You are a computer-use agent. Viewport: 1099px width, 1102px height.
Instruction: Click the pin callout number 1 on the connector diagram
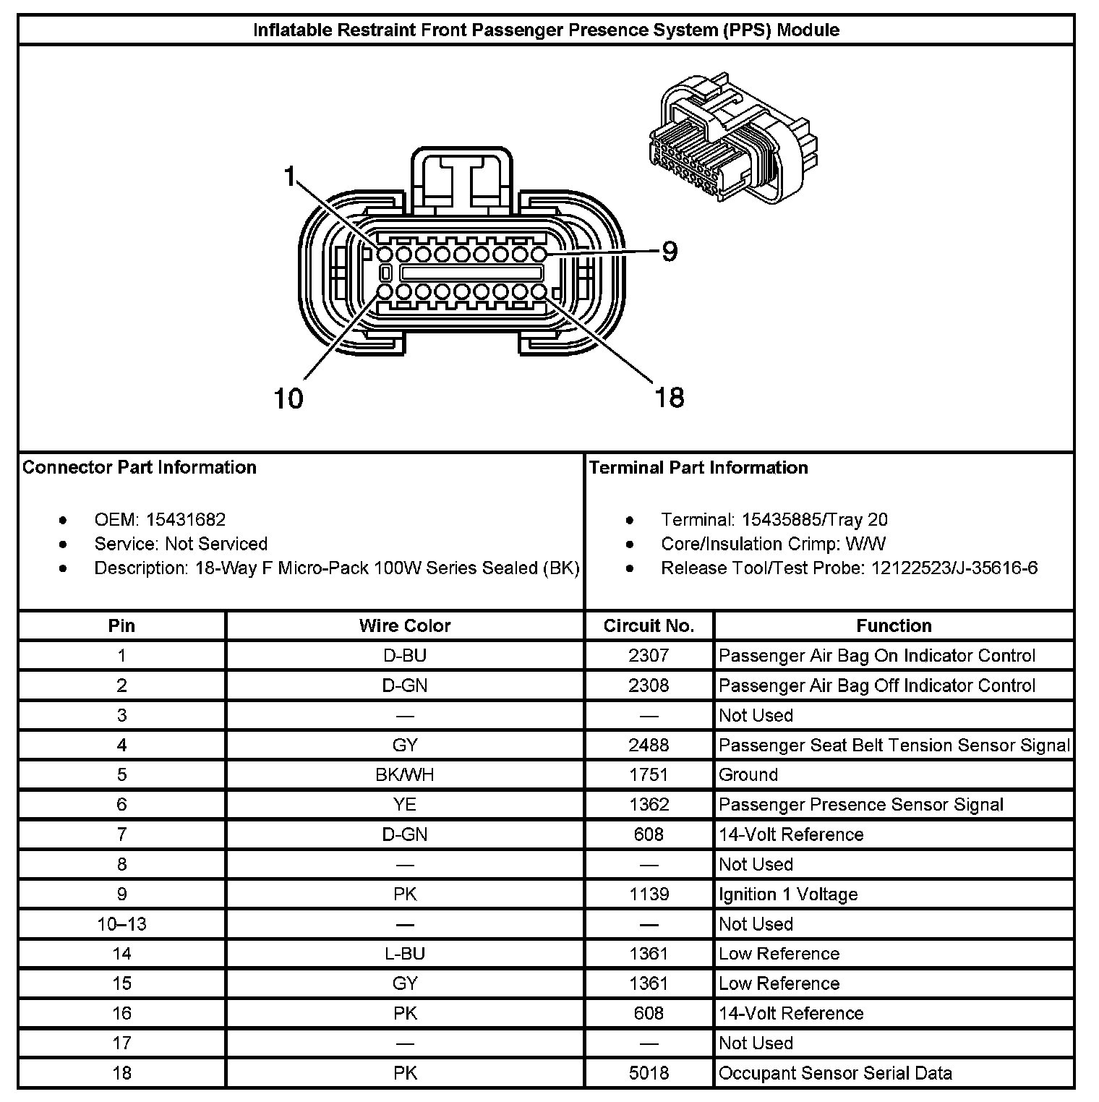pyautogui.click(x=290, y=176)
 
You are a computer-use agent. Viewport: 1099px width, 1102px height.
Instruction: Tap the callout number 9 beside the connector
pyautogui.click(x=670, y=252)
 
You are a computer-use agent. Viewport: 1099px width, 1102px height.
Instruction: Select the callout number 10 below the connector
pyautogui.click(x=288, y=398)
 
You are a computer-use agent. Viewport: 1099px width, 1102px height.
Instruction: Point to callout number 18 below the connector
pyautogui.click(x=669, y=397)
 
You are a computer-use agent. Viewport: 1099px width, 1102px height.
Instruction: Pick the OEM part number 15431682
pyautogui.click(x=186, y=520)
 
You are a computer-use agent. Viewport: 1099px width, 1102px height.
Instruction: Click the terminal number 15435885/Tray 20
pyautogui.click(x=811, y=520)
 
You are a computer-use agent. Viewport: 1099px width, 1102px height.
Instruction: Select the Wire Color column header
pyautogui.click(x=405, y=626)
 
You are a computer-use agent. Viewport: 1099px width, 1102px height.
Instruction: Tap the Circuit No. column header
pyautogui.click(x=649, y=626)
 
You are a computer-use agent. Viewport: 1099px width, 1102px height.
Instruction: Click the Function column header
pyautogui.click(x=894, y=626)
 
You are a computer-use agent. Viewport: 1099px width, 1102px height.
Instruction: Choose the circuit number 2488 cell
pyautogui.click(x=649, y=745)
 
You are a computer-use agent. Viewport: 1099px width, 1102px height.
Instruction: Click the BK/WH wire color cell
pyautogui.click(x=405, y=775)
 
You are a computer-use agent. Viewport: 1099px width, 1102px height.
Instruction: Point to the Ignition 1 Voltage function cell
pyautogui.click(x=788, y=894)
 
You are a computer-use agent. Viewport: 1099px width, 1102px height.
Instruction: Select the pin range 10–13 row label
pyautogui.click(x=121, y=924)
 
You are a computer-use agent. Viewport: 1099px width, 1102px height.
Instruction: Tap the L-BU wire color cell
pyautogui.click(x=405, y=954)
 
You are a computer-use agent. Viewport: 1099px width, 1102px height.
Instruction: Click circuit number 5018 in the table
pyautogui.click(x=649, y=1073)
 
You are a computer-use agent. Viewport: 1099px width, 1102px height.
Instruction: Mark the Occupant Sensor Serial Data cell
pyautogui.click(x=835, y=1073)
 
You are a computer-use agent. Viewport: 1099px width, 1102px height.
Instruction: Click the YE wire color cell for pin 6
pyautogui.click(x=405, y=805)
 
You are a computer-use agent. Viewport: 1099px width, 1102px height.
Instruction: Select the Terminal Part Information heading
pyautogui.click(x=698, y=468)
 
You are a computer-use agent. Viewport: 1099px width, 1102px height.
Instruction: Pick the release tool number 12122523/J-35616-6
pyautogui.click(x=954, y=568)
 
